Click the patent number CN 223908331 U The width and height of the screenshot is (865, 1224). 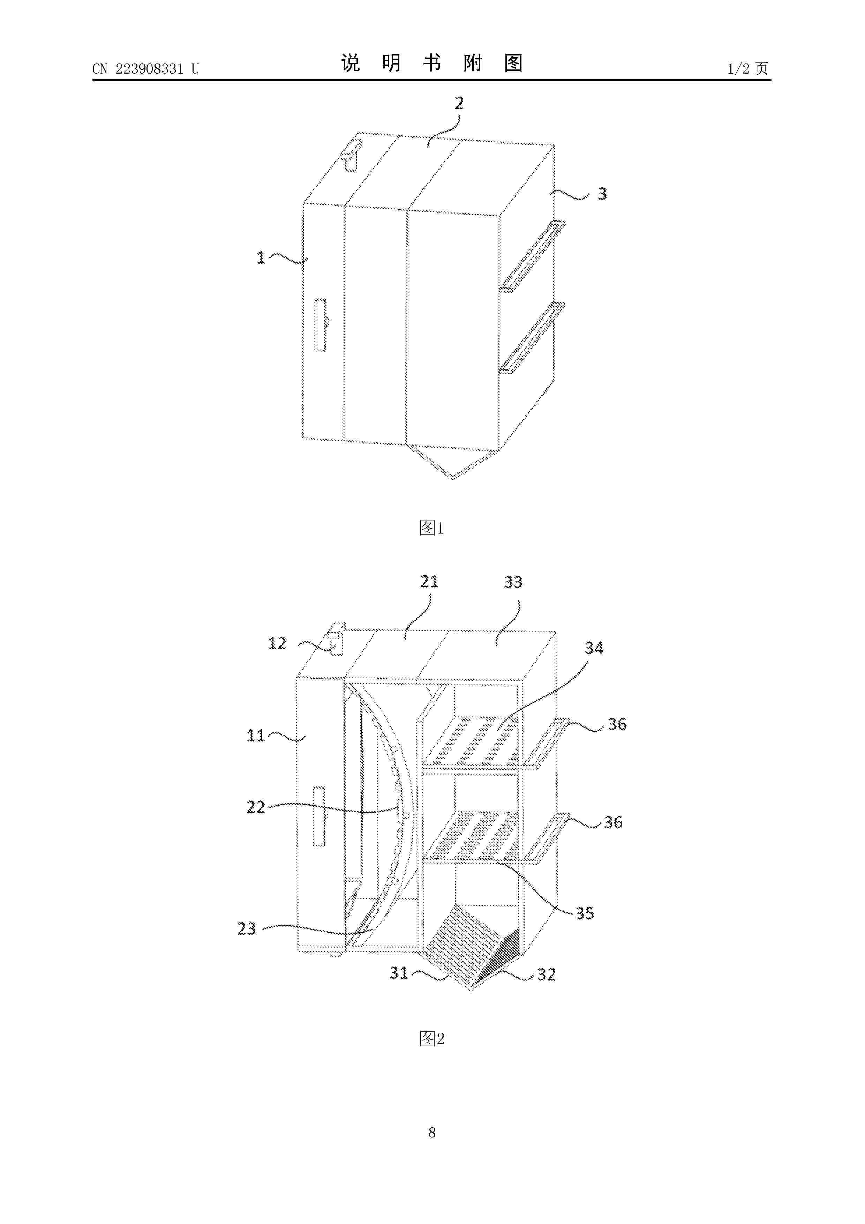[x=145, y=69]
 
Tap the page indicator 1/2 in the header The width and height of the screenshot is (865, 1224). [x=739, y=68]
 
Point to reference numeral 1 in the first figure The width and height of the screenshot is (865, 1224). [x=261, y=258]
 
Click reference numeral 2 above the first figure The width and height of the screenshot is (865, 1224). [x=459, y=103]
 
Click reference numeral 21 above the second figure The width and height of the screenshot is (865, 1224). [x=429, y=582]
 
